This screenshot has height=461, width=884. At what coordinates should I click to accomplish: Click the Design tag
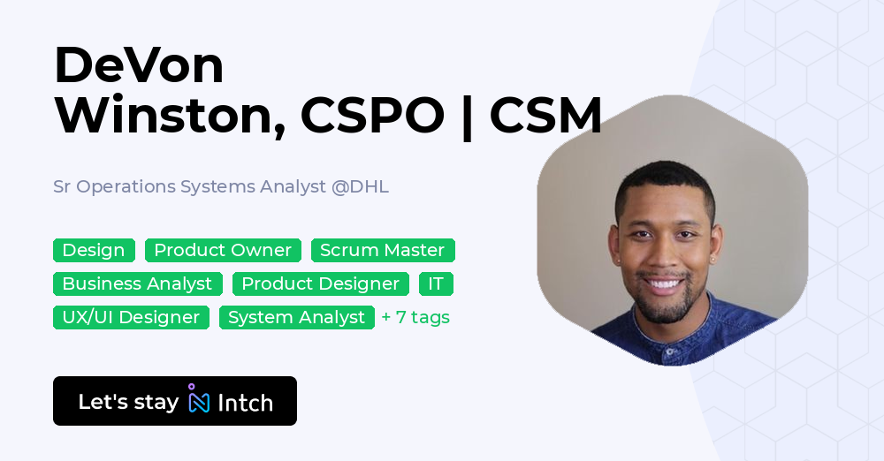tap(94, 251)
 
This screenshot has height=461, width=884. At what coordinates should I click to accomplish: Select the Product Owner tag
tap(223, 251)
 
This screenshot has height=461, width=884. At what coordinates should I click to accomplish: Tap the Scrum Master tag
tap(383, 251)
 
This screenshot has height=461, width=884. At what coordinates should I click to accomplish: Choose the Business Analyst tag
tap(137, 284)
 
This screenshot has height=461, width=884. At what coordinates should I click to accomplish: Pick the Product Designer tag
tap(321, 284)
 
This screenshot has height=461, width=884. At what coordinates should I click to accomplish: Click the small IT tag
tap(436, 284)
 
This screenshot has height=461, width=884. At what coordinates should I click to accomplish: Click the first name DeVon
tap(139, 65)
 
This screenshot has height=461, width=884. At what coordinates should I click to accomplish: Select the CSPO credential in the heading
tap(372, 116)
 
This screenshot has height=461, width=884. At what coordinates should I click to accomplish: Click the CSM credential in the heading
tap(545, 116)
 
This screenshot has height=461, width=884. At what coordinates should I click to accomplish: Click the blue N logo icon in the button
tap(199, 402)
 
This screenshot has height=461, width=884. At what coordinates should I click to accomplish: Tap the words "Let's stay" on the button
tap(128, 402)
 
